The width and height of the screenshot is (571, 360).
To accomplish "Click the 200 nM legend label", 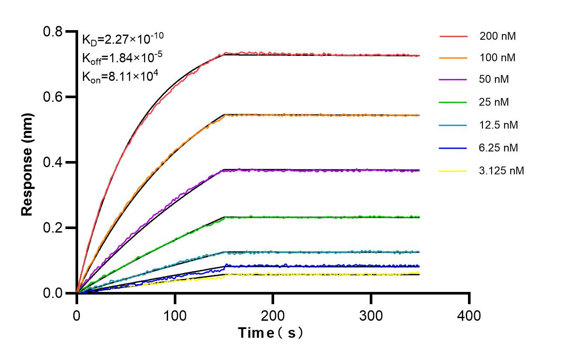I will [497, 37].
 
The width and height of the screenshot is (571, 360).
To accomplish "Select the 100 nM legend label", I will [497, 58].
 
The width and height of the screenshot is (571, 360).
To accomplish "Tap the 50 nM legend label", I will [494, 80].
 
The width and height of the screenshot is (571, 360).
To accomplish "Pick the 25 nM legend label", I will [494, 103].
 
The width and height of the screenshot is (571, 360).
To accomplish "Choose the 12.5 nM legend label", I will [499, 125].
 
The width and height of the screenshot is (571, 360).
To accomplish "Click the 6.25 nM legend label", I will [499, 148].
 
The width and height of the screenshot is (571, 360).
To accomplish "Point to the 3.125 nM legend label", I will [501, 171].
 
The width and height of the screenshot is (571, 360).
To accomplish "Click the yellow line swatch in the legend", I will [453, 171].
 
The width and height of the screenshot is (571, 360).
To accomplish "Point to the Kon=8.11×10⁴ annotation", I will [117, 76].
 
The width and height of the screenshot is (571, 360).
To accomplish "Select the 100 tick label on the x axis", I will [175, 315].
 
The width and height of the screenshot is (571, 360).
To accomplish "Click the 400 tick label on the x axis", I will [469, 315].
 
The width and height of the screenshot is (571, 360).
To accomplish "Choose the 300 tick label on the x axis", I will [371, 315].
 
